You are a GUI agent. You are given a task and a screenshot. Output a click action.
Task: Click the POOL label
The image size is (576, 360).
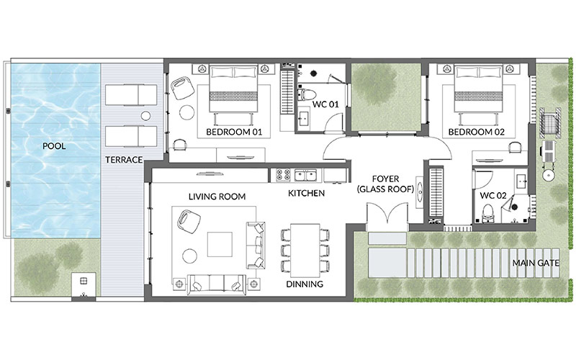point(54,146)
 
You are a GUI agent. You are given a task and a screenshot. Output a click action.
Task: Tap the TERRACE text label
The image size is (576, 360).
point(124,160)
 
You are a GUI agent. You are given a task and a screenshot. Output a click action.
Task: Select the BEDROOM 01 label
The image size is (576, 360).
point(234,132)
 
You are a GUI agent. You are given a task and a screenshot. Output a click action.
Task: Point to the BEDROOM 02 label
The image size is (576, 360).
point(477,132)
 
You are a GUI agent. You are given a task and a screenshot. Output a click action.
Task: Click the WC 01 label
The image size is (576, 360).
point(325,104)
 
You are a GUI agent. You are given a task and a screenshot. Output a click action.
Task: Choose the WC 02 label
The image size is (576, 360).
point(493,196)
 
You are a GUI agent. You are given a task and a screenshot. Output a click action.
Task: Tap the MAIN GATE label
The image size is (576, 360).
point(536,263)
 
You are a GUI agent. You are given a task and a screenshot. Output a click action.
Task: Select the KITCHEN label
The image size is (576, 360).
point(306,193)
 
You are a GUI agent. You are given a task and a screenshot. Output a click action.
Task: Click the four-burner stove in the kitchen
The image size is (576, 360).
point(283,175)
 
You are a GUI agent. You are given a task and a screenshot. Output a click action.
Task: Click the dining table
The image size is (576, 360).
point(305,251)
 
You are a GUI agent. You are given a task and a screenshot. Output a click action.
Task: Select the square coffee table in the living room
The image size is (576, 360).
point(220,244)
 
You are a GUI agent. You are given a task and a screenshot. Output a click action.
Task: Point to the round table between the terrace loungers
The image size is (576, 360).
point(146,116)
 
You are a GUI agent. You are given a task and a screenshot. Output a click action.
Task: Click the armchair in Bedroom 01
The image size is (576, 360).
point(183,87)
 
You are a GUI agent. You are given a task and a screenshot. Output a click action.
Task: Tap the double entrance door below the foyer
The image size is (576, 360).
point(387,213)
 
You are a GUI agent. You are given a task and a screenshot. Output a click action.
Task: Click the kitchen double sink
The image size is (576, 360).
point(305,175)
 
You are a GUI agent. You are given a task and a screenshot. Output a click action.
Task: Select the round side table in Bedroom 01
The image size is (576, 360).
point(187,112)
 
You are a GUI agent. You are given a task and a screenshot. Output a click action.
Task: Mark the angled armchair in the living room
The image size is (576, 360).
point(189,222)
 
